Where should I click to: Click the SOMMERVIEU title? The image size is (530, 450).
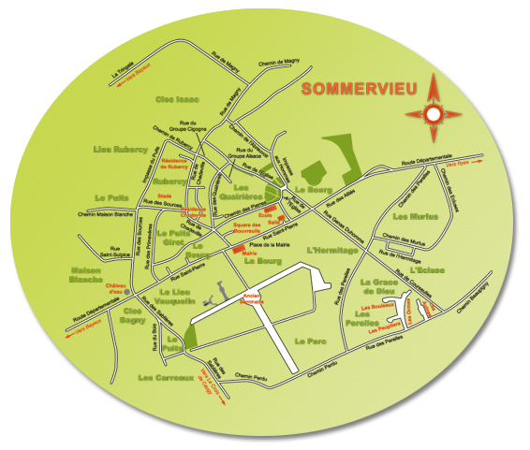[358, 91]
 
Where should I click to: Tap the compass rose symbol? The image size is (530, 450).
[433, 112]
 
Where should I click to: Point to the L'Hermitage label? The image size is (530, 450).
[332, 251]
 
